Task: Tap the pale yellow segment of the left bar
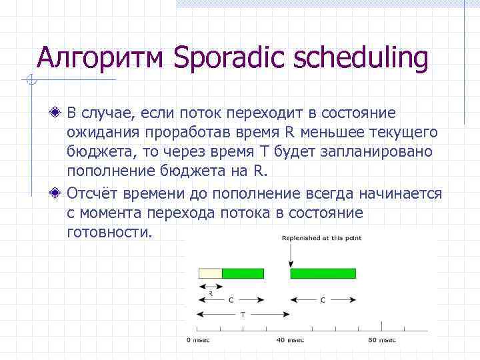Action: click(x=210, y=273)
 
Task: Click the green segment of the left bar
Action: click(x=243, y=273)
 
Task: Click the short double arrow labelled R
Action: click(x=210, y=287)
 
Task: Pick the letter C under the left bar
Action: click(x=231, y=300)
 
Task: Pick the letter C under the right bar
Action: click(x=323, y=300)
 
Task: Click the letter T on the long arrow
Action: click(x=243, y=313)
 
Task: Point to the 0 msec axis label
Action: click(x=197, y=340)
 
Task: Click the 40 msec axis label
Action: click(x=290, y=340)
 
